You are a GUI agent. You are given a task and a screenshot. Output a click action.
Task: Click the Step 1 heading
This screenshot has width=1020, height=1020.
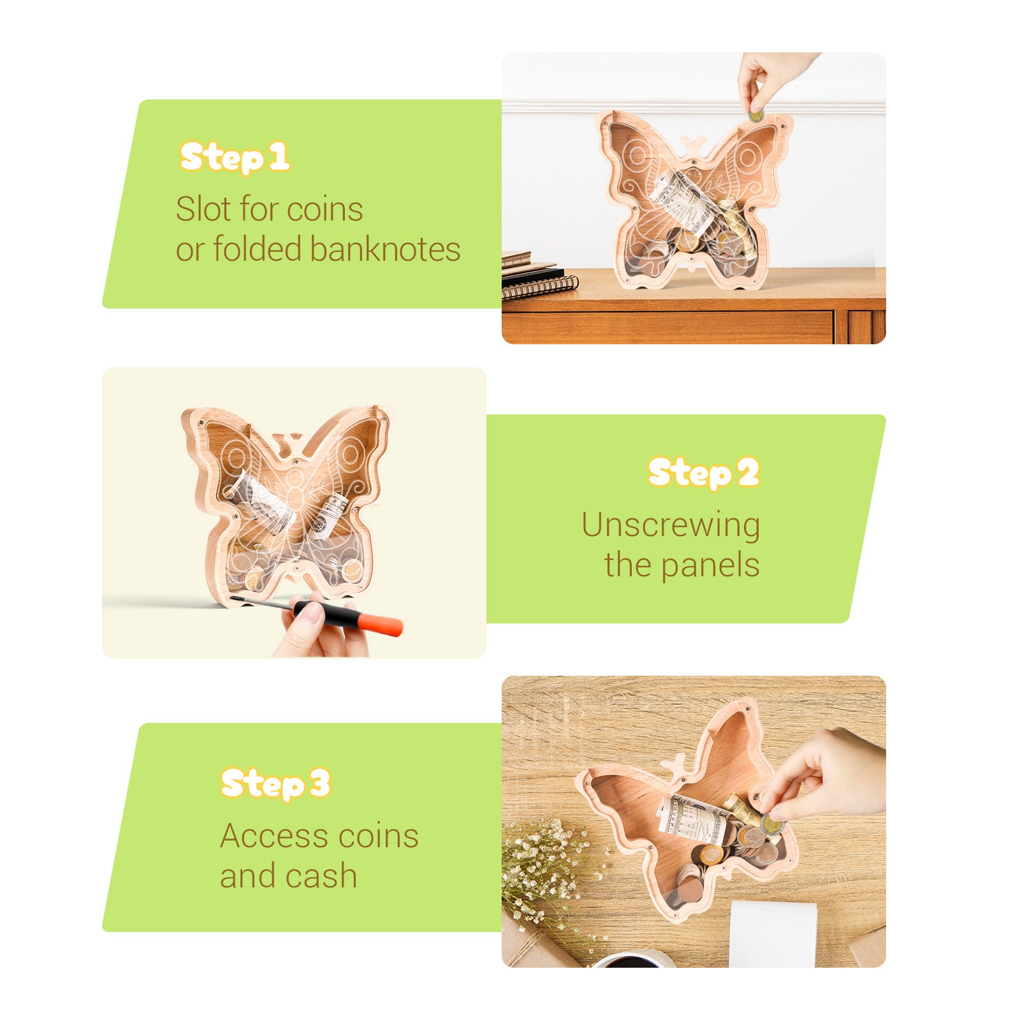tap(235, 157)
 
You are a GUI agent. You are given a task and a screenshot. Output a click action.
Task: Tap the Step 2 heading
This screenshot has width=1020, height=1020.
tap(704, 473)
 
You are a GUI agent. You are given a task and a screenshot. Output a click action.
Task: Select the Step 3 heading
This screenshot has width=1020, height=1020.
tap(275, 783)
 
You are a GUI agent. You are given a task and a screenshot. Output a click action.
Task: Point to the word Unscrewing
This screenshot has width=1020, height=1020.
tap(671, 527)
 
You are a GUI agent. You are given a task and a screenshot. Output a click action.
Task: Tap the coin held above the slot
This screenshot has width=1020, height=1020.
tap(757, 115)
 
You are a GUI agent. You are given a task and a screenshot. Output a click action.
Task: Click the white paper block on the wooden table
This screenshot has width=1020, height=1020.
tap(773, 934)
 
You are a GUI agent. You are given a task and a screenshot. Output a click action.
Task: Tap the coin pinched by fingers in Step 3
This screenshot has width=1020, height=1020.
tap(772, 825)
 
